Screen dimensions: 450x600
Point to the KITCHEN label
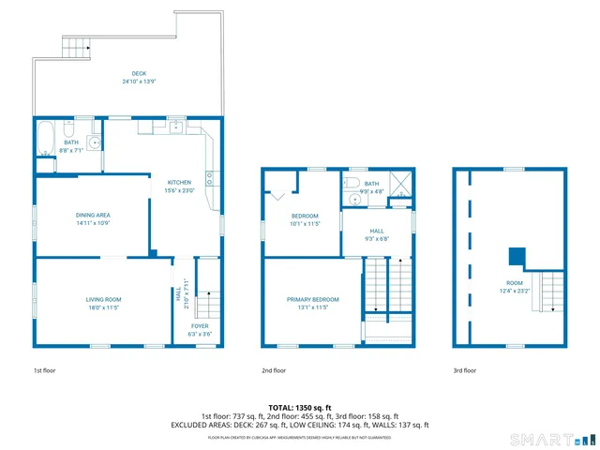(179, 182)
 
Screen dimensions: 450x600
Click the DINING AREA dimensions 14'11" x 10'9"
(93, 223)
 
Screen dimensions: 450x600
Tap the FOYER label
(201, 325)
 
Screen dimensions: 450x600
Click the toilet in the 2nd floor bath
(351, 184)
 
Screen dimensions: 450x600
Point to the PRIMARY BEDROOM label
(312, 299)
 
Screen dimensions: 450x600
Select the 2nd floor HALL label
(376, 231)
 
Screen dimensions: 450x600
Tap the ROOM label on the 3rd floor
(515, 282)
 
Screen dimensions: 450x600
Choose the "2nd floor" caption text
(273, 370)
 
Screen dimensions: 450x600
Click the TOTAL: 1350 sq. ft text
(300, 407)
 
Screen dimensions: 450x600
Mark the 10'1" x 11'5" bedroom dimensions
(305, 223)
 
